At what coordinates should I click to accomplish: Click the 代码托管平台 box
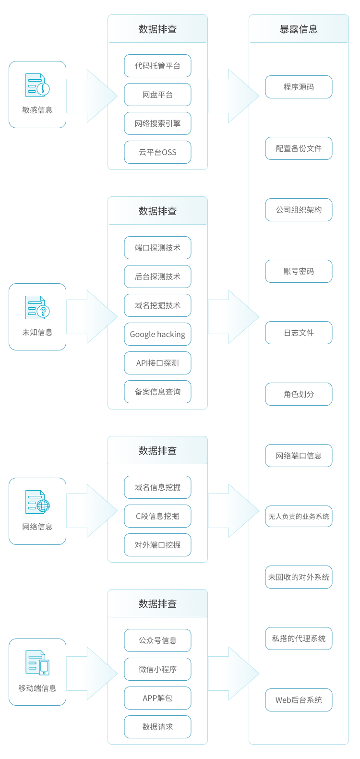pos(157,66)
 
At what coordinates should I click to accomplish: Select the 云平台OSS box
pos(157,152)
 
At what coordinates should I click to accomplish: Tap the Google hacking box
pos(157,334)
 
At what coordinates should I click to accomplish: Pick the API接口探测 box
pos(157,363)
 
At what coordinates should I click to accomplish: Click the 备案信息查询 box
pos(157,392)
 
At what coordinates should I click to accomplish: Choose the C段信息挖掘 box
pos(157,516)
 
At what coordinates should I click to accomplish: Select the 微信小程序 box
pos(157,669)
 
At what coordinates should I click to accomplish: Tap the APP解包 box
pos(157,698)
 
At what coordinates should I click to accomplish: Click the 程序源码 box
pos(299,87)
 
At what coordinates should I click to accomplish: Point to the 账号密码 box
pos(299,271)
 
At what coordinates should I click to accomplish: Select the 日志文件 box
pos(299,333)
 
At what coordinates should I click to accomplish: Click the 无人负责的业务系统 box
pos(299,517)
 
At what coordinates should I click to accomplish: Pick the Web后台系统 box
pos(299,700)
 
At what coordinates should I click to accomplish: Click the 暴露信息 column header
pos(299,29)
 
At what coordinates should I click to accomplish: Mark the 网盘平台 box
pos(157,95)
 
